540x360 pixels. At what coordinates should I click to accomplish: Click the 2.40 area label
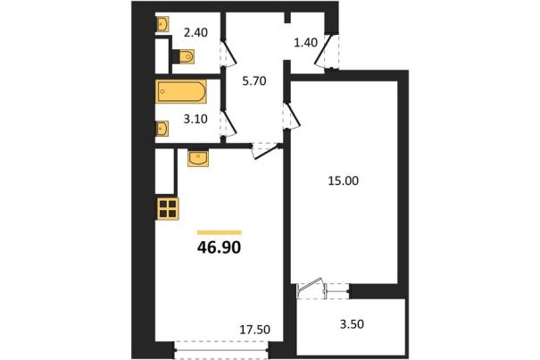click(x=195, y=33)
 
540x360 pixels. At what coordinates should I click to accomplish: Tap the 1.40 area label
click(x=305, y=43)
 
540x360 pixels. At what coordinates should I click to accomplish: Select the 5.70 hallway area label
click(x=254, y=81)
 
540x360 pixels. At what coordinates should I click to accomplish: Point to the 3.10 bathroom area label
click(x=195, y=120)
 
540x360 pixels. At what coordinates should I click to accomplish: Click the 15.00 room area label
click(x=343, y=180)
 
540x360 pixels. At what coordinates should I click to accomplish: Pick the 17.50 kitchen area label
click(x=255, y=330)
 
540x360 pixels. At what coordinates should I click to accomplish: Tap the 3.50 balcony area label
click(x=352, y=324)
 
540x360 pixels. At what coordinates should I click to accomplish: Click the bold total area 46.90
click(x=219, y=247)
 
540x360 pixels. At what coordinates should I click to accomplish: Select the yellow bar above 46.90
click(x=220, y=232)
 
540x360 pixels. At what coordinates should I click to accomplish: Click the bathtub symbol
click(x=181, y=91)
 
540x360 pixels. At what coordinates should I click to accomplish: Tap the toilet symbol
click(x=183, y=56)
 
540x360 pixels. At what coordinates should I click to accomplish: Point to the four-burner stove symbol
click(x=168, y=209)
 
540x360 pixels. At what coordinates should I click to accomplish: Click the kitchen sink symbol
click(x=198, y=158)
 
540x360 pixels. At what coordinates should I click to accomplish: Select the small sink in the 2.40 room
click(x=162, y=24)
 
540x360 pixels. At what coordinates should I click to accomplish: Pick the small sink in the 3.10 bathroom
click(x=162, y=129)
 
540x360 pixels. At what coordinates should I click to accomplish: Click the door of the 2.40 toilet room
click(x=228, y=53)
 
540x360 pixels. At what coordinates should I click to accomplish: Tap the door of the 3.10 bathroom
click(x=228, y=122)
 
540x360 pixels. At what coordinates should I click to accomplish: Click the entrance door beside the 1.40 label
click(x=326, y=51)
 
